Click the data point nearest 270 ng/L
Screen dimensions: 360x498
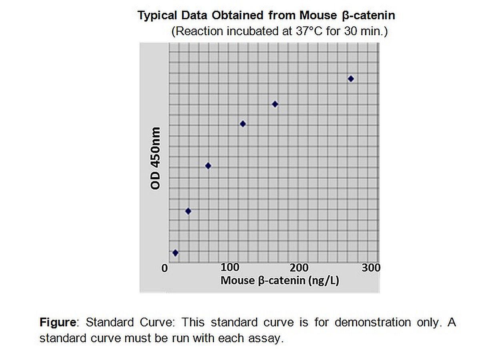pos(351,79)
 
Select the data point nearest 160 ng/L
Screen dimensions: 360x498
pos(275,104)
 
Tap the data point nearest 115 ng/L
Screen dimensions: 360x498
pos(243,124)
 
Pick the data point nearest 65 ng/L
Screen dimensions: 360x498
pos(208,166)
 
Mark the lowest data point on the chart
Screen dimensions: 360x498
pos(175,253)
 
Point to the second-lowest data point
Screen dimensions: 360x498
pos(188,211)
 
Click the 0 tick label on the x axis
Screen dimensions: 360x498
pos(164,268)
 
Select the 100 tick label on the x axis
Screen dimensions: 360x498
pos(230,267)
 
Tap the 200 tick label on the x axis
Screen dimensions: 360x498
pos(299,267)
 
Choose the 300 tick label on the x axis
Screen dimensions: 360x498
pos(371,267)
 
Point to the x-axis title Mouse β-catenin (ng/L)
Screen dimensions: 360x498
pos(280,280)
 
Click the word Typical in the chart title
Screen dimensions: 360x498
pos(157,16)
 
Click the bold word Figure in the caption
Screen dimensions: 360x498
pos(58,322)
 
